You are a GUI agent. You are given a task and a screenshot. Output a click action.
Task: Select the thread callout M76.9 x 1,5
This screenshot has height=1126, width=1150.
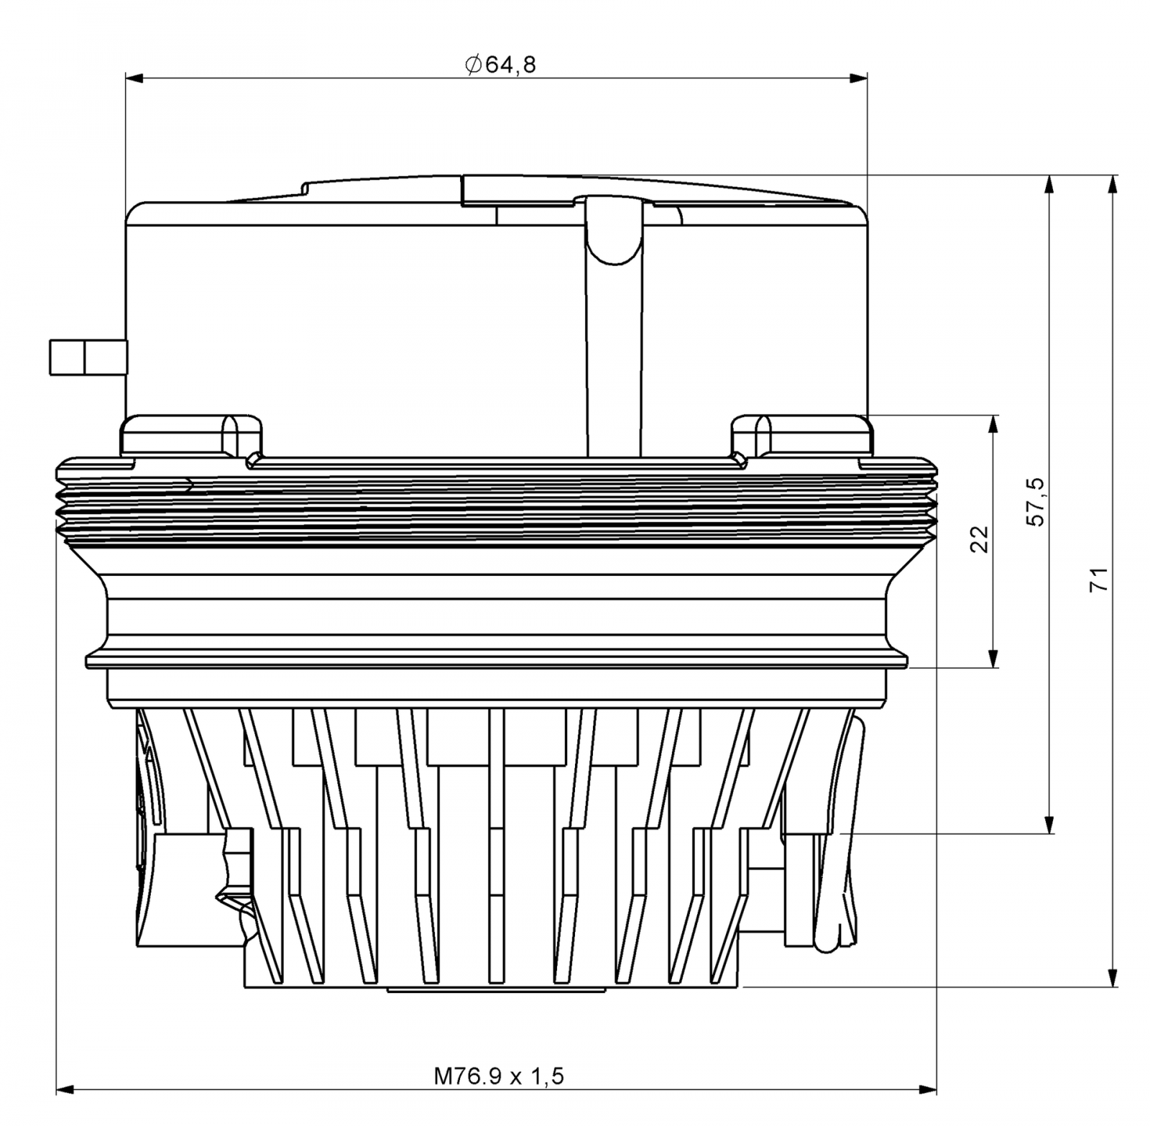click(x=499, y=1076)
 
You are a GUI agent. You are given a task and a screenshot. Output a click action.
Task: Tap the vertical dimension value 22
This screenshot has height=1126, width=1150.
click(x=980, y=539)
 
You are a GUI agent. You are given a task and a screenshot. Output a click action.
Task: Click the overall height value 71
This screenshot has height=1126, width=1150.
click(x=1100, y=579)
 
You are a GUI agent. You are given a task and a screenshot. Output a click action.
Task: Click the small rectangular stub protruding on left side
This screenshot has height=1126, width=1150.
click(x=87, y=357)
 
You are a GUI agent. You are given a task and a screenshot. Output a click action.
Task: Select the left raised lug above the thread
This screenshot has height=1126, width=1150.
click(x=190, y=435)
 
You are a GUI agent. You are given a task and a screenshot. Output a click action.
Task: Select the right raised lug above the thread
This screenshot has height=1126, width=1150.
click(x=801, y=435)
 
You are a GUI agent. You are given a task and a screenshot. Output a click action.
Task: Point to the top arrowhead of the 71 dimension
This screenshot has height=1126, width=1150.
click(x=1113, y=184)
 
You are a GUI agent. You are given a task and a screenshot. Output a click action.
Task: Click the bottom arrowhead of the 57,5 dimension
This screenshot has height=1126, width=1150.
click(x=1050, y=824)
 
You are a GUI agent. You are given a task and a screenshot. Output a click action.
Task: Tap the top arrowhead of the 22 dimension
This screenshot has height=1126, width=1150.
click(x=994, y=424)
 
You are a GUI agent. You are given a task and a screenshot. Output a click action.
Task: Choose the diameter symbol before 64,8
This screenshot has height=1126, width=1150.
click(x=473, y=65)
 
